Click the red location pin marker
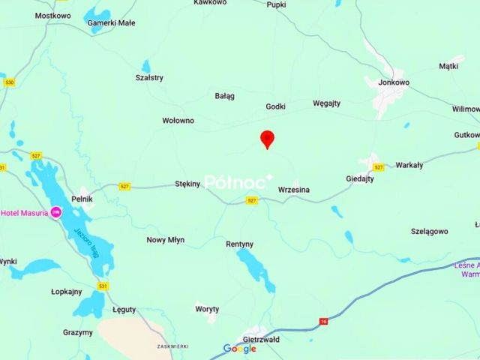coord(267,139)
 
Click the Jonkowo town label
coord(394,82)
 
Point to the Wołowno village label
coord(178,120)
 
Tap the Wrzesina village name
coord(293,190)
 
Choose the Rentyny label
coord(239,244)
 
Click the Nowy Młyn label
coord(165,240)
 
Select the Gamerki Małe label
coord(111,22)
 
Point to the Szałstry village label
coord(148,77)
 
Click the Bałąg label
coord(224,96)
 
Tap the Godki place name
coord(275,106)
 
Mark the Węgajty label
coord(326,103)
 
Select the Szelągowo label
coord(429,231)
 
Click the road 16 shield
coord(323,321)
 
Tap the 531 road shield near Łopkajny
coord(103,286)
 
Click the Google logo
coord(239,349)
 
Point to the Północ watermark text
coord(238,181)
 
